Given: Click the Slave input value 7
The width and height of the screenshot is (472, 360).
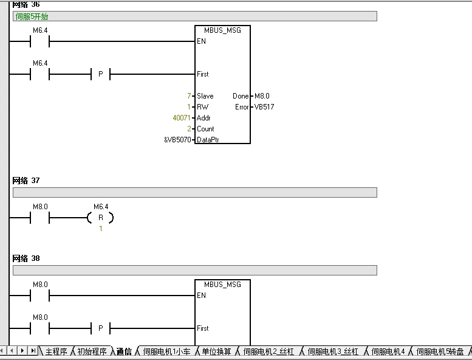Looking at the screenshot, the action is pos(189,96).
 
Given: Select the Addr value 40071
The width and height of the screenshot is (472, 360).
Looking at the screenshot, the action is pos(182,118).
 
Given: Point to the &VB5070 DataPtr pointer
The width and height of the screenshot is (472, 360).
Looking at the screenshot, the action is pos(177,140).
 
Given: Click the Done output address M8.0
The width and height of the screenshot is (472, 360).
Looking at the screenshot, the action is pos(262,96).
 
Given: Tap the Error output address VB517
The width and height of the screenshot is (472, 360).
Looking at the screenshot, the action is pos(264,107).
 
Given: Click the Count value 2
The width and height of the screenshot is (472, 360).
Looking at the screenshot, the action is pos(189,129).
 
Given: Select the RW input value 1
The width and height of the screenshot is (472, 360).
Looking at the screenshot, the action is pos(189,107).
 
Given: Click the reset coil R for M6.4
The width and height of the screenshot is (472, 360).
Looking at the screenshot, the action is pos(101,218).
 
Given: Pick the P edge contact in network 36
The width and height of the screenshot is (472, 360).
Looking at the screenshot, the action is pos(101,74).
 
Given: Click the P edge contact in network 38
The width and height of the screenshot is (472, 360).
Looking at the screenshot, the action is pos(101,328).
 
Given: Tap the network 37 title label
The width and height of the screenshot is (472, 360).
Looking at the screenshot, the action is pos(26,181).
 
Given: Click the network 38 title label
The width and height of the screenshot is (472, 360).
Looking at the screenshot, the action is pos(26,258).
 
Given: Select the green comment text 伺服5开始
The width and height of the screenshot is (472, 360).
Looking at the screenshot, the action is pos(32,16).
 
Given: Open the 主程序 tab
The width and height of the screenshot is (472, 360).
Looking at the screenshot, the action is pos(56,351).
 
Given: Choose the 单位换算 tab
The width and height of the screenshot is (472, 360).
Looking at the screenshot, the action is pos(216,351).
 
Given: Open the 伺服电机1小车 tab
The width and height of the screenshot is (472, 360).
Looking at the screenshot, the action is pos(167,351).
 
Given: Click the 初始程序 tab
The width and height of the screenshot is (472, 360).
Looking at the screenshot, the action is pos(92,351).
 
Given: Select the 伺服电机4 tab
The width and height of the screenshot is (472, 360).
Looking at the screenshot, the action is pos(388,351).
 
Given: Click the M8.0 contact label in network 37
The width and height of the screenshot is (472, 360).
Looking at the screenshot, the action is pos(40,207).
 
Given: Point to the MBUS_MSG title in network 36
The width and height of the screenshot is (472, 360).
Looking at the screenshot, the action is pos(222,30).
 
